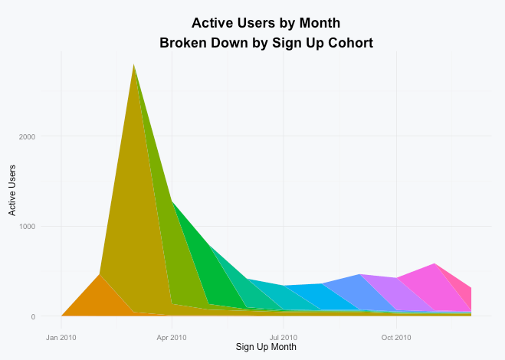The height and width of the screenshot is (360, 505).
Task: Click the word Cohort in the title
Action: click(x=345, y=43)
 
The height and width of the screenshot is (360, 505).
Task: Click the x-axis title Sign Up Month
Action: click(x=266, y=347)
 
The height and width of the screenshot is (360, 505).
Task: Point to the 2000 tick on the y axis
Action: click(x=27, y=136)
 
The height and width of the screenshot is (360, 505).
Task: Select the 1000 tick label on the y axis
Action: click(x=27, y=227)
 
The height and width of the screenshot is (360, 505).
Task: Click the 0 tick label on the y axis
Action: click(x=32, y=316)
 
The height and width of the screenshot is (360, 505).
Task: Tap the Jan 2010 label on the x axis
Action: click(x=61, y=336)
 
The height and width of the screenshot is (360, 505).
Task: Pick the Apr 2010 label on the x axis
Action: click(x=172, y=336)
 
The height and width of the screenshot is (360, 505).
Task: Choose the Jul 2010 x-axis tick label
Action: click(x=284, y=336)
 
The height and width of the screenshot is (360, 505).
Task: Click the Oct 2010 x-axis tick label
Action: click(x=396, y=336)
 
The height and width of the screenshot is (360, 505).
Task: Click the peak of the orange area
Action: click(x=100, y=275)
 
